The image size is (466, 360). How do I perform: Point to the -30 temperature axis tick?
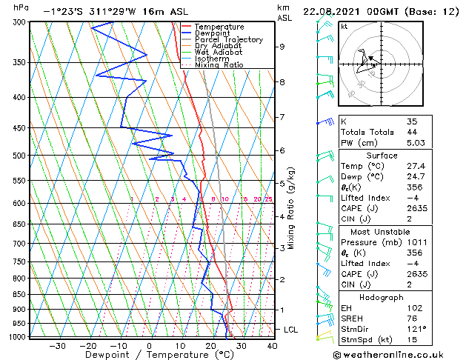[57, 345]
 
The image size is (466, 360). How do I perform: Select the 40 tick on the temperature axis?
[272, 345]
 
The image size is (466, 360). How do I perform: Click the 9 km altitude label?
[282, 47]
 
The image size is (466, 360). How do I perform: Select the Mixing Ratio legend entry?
[219, 65]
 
